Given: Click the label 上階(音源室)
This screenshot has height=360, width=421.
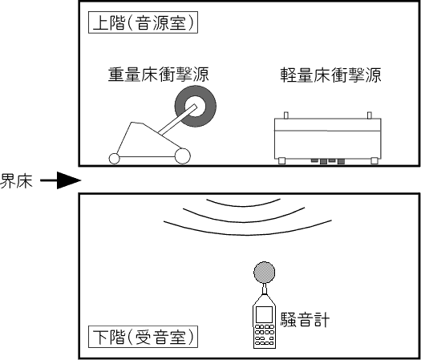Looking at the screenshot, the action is [x=143, y=22].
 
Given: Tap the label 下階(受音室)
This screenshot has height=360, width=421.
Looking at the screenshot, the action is [x=143, y=337].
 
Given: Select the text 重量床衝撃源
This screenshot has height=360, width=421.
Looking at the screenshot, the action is [x=159, y=75].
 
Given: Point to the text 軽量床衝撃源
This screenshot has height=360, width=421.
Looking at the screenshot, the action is [x=330, y=75].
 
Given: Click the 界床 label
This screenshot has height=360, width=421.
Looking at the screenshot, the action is [x=16, y=180].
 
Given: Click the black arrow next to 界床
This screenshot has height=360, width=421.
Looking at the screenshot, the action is [x=61, y=180].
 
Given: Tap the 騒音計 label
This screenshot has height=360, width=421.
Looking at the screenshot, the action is [x=305, y=319].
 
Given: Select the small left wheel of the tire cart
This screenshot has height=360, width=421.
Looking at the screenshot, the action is [x=114, y=159].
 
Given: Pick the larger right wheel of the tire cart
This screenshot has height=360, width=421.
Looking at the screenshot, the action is [x=183, y=156].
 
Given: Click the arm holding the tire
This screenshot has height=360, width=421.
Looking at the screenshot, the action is [x=178, y=119].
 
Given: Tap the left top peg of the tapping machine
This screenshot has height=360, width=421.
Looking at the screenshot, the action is [x=286, y=115].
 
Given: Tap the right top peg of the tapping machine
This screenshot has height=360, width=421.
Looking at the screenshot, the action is [x=370, y=115].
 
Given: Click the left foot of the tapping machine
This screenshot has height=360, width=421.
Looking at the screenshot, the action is [x=281, y=161].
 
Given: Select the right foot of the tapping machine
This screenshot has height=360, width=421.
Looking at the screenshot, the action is [x=374, y=161].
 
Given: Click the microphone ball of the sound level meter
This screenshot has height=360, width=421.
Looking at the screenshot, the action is [x=264, y=272].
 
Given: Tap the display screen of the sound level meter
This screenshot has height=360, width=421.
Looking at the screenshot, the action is [x=264, y=314].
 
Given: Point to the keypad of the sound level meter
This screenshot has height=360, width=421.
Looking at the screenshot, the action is [x=264, y=335].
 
